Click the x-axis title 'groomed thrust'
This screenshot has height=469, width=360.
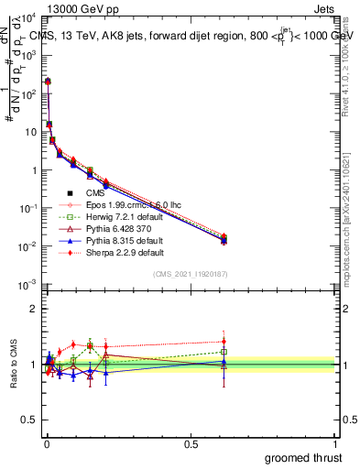(304, 457)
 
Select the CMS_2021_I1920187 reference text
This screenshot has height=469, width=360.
(190, 275)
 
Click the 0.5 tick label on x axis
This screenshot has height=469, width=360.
(191, 443)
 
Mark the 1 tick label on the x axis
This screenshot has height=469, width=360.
(335, 443)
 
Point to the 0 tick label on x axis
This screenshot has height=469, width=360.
(46, 443)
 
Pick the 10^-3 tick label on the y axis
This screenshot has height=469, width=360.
(31, 286)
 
